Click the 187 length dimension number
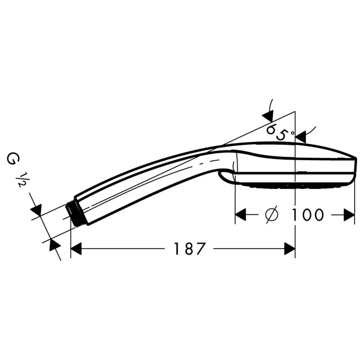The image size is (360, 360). [x=189, y=249]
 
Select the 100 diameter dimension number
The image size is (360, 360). [x=307, y=215]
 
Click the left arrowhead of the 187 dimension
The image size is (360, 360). [x=76, y=249]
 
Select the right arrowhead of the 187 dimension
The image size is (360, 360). [x=289, y=249]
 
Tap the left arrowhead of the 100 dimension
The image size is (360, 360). [x=240, y=215]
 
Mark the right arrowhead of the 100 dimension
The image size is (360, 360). [x=349, y=215]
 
